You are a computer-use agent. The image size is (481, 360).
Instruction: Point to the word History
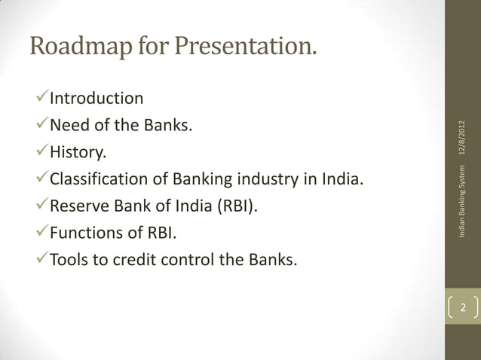point(78,154)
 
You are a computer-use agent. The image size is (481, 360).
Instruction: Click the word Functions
point(85,235)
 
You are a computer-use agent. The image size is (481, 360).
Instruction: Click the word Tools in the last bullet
point(69,262)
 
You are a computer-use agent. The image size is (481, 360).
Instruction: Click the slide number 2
point(464,309)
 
